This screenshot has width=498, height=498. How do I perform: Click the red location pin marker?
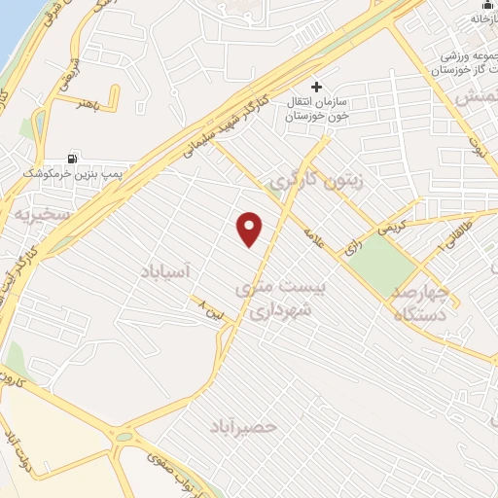pos(251,229)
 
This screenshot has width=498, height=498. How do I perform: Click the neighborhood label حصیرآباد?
pos(243,427)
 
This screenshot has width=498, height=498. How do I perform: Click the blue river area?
pos(12,24)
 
